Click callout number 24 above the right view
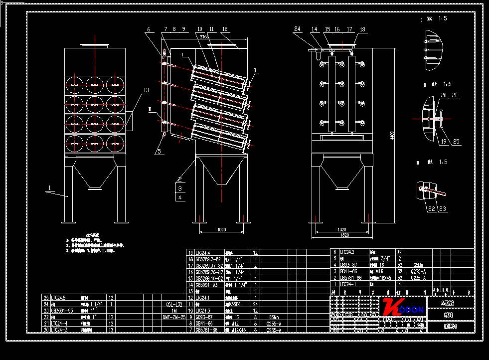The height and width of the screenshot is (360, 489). pos(298,29)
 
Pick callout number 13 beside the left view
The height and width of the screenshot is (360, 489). pos(146,90)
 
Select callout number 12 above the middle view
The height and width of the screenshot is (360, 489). pos(225,29)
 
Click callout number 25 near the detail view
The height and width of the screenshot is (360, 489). pos(456,142)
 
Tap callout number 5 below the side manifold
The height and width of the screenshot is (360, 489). pos(159,150)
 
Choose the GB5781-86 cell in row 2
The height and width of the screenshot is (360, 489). pos(351,278)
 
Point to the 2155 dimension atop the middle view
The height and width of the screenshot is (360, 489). pos(204,37)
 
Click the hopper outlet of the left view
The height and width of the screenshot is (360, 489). pos(94,187)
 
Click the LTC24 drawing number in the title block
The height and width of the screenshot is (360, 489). pos(450,327)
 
